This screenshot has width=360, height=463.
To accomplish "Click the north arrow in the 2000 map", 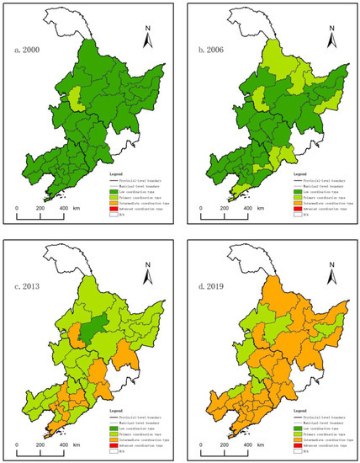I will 148,38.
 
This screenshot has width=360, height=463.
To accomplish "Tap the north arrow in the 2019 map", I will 329,269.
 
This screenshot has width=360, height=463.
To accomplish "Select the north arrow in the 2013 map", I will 148,269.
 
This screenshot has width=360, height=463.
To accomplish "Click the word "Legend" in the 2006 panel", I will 299,173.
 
